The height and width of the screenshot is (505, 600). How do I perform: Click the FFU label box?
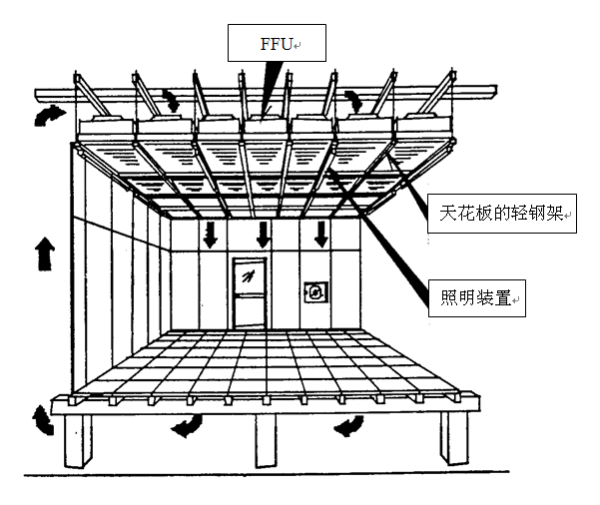tap(277, 43)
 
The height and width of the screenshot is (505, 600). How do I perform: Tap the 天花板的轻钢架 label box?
tap(501, 214)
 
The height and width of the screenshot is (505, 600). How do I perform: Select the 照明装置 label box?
tap(477, 298)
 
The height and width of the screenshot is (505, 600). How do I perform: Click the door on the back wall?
tap(250, 292)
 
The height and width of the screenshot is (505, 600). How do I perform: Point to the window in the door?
tap(250, 276)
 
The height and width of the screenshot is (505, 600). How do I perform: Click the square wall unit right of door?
tap(316, 292)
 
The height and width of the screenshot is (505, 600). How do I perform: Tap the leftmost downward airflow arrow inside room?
tap(210, 235)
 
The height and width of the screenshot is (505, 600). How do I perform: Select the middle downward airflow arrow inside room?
tap(264, 235)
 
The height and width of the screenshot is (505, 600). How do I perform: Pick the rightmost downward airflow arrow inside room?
tap(321, 235)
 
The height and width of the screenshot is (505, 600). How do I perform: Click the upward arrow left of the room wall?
tap(45, 253)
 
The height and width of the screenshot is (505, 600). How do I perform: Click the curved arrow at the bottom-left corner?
tap(43, 421)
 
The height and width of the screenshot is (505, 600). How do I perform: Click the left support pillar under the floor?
tap(78, 441)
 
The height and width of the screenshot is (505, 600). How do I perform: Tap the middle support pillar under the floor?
tap(266, 440)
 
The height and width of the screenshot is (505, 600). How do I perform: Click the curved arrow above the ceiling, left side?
tap(172, 100)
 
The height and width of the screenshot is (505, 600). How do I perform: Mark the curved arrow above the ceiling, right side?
tap(354, 101)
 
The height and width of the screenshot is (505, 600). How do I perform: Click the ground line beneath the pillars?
tap(267, 474)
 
